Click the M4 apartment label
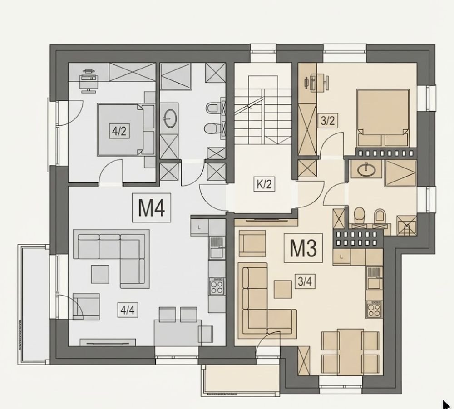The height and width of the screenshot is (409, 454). pyautogui.click(x=152, y=207)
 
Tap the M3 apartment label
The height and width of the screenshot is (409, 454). pyautogui.click(x=303, y=248)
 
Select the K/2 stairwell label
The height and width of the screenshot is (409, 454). pyautogui.click(x=264, y=184)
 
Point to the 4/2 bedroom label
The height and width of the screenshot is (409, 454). pyautogui.click(x=119, y=131)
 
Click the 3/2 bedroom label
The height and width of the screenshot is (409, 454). pyautogui.click(x=328, y=120)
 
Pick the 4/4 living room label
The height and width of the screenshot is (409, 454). pyautogui.click(x=128, y=310)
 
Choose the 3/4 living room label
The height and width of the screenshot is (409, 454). pyautogui.click(x=305, y=281)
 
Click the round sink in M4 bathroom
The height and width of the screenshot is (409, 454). pyautogui.click(x=170, y=118)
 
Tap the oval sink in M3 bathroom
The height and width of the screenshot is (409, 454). pyautogui.click(x=366, y=170)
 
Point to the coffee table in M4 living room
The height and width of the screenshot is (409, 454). pyautogui.click(x=100, y=274)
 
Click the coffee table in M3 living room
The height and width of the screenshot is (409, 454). pyautogui.click(x=283, y=289)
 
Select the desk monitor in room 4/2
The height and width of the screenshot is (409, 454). pyautogui.click(x=89, y=78)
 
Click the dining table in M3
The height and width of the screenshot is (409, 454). pyautogui.click(x=350, y=352)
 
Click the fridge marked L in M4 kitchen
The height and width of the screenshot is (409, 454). pyautogui.click(x=199, y=227)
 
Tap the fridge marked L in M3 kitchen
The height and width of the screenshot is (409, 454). pyautogui.click(x=342, y=257)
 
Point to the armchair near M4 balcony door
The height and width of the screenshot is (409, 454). pyautogui.click(x=86, y=306)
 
